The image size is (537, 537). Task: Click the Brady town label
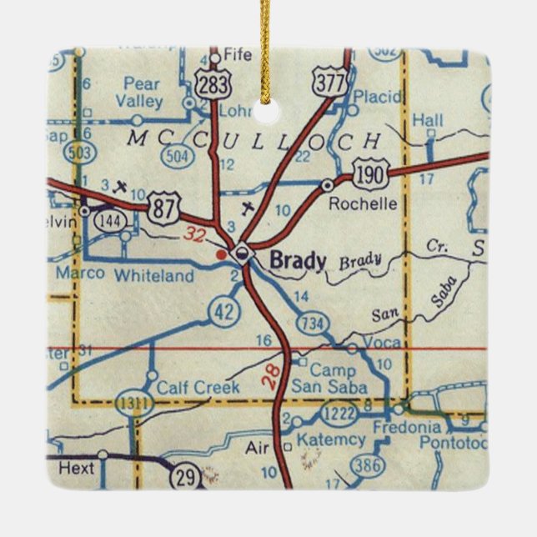pyautogui.click(x=298, y=261)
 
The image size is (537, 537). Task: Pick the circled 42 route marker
pyautogui.click(x=225, y=311)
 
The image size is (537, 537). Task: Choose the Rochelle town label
pyautogui.click(x=357, y=203)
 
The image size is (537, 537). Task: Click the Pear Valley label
pyautogui.click(x=141, y=93)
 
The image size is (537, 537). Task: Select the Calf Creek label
pyautogui.click(x=198, y=387)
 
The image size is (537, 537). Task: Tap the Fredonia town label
pyautogui.click(x=406, y=427)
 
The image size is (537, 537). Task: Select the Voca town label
pyautogui.click(x=382, y=342)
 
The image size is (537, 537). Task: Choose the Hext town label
pyautogui.click(x=76, y=469)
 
